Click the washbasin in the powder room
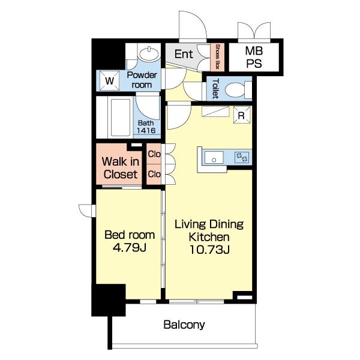tap(149, 54)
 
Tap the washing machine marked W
tap(109, 80)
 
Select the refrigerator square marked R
tap(242, 115)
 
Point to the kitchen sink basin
tap(214, 157)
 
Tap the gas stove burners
tap(242, 157)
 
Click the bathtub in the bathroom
tap(121, 118)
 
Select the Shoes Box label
tap(217, 57)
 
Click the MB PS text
tap(254, 57)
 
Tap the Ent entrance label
tap(184, 54)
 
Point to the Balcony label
tap(184, 325)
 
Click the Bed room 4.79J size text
tap(130, 247)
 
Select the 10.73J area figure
tap(209, 250)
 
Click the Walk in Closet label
tap(121, 168)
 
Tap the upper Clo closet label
tap(154, 154)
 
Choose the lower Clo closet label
tap(154, 174)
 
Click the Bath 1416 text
tap(146, 127)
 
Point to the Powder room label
tap(142, 80)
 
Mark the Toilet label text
tap(215, 89)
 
